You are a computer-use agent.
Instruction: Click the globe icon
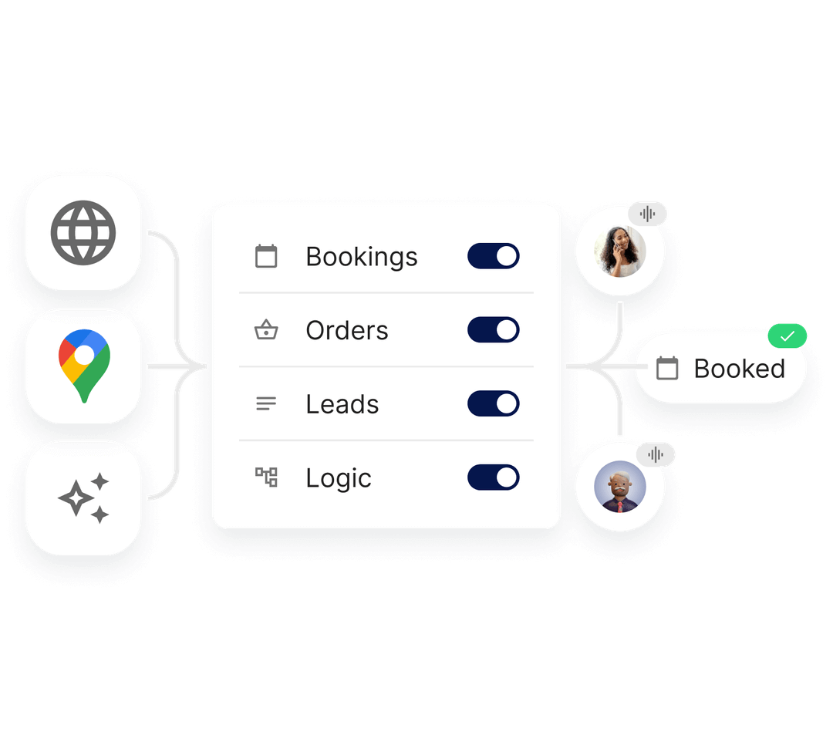(x=83, y=233)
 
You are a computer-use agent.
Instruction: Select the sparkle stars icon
(x=83, y=498)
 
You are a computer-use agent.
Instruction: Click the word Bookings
(x=361, y=258)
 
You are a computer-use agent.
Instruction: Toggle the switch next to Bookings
(x=494, y=256)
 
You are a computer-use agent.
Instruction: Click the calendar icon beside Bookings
(x=266, y=256)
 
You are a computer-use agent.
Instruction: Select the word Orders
(x=347, y=330)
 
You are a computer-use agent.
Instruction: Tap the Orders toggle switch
(x=494, y=330)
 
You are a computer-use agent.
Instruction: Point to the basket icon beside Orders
(x=266, y=329)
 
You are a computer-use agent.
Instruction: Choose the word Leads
(x=342, y=404)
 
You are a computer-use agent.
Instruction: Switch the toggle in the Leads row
(x=494, y=403)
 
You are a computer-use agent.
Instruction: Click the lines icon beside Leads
(x=266, y=403)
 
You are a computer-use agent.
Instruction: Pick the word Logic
(x=339, y=478)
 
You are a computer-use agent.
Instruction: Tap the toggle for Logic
(x=494, y=477)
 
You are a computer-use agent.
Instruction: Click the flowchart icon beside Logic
(x=266, y=477)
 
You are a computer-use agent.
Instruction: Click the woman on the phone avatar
(x=620, y=251)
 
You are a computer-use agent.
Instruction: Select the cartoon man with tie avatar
(x=620, y=487)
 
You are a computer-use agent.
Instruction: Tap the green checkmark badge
(x=787, y=336)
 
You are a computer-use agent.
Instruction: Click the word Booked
(x=740, y=369)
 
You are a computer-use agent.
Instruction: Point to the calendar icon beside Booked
(x=667, y=368)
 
